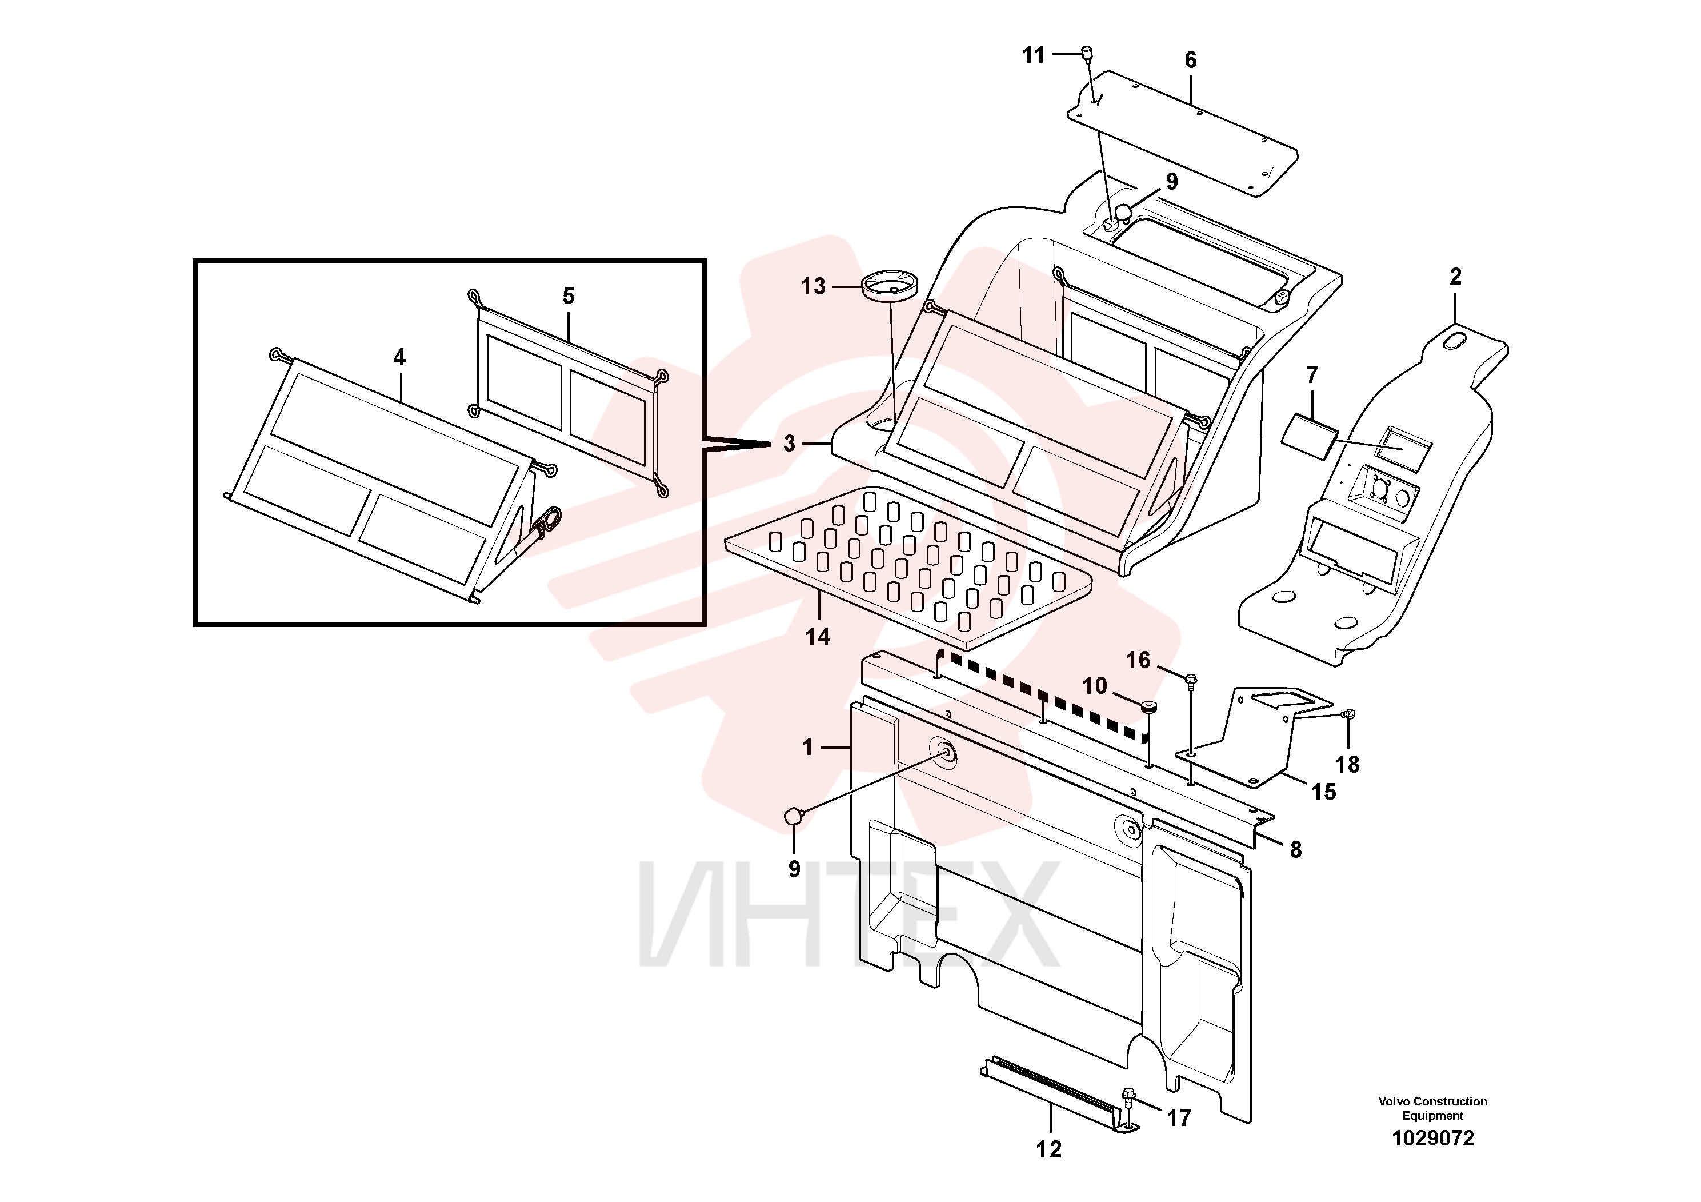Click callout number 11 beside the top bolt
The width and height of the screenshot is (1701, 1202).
[x=1034, y=55]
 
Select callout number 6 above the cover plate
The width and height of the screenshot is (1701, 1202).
[x=1191, y=60]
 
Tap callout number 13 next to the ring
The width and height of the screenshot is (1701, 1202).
[x=813, y=286]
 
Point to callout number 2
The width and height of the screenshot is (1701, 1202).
[x=1456, y=277]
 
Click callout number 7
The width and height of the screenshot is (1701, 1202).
[x=1312, y=375]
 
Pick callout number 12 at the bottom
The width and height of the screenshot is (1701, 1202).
[x=1049, y=1149]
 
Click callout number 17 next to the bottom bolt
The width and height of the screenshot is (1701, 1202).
[x=1179, y=1117]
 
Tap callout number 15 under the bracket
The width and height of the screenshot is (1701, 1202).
[x=1324, y=792]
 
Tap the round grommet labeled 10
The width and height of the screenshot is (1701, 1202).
[x=1148, y=706]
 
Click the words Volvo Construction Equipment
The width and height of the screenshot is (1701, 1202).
[x=1433, y=1109]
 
